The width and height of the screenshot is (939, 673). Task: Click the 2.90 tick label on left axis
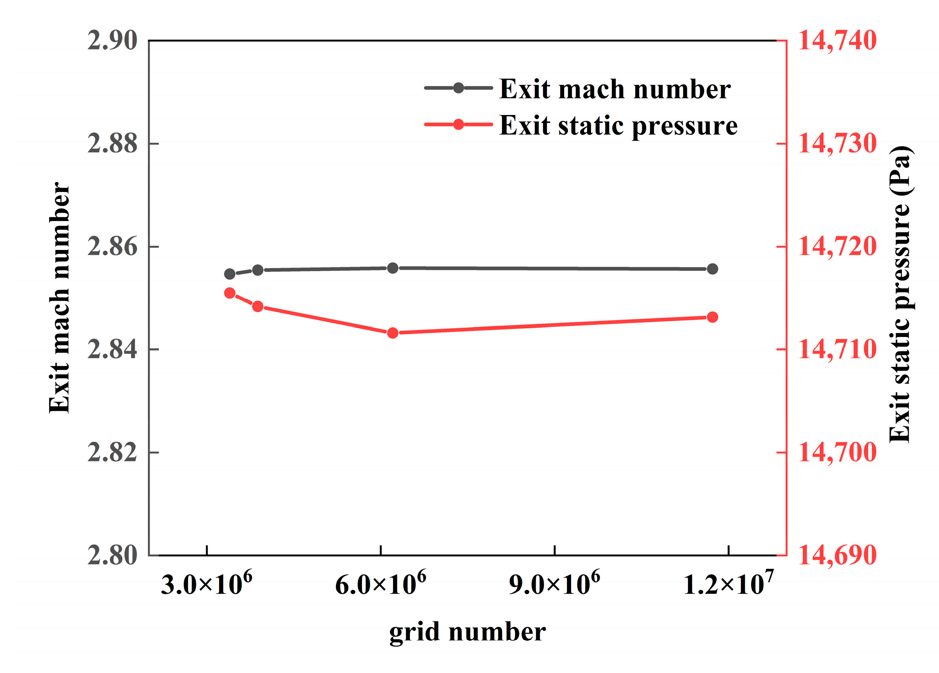112,41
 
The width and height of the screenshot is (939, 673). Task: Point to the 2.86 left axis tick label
112,247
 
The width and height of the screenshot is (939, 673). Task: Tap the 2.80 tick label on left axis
112,555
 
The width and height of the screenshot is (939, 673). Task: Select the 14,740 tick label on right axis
837,41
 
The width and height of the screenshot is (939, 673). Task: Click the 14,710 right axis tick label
837,349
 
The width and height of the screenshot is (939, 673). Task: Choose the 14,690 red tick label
837,555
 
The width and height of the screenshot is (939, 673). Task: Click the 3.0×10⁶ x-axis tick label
206,584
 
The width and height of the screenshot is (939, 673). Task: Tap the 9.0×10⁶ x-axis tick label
554,584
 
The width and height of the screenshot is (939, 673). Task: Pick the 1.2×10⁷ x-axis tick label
728,584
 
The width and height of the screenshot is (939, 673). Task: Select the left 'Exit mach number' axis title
59,297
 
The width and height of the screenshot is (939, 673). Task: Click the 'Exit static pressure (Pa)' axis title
900,294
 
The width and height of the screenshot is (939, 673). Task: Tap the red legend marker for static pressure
458,124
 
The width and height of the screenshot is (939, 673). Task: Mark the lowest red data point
392,333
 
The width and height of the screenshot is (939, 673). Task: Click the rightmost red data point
712,318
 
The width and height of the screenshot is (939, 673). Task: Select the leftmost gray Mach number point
230,274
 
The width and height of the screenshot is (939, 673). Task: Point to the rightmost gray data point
712,269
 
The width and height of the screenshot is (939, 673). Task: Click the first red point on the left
230,293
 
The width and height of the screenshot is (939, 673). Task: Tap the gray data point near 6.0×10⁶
392,268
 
